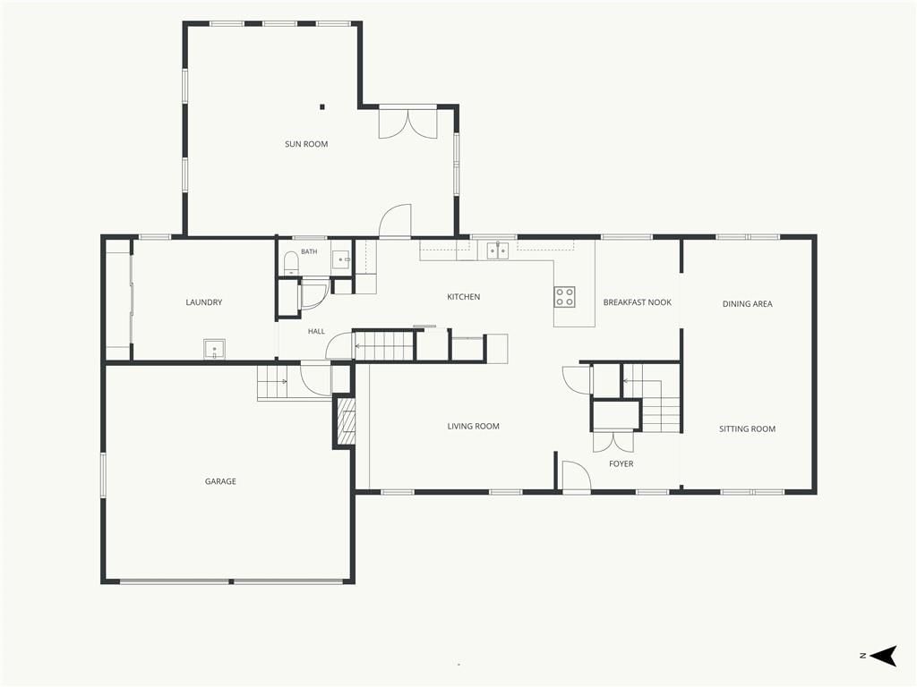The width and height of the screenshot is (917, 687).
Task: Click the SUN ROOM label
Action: point(306,144)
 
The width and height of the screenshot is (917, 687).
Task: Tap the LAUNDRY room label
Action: point(203,302)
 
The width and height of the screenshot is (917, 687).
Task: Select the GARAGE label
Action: point(220,481)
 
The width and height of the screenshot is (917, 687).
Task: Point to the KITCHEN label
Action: point(463,297)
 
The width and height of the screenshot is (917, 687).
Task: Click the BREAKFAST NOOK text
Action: point(637,302)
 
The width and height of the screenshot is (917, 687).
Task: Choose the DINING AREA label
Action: point(747,304)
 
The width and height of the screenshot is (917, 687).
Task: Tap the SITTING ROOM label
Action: point(747,428)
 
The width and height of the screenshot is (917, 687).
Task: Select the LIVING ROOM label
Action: point(473,427)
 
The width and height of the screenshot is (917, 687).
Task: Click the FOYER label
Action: point(621,464)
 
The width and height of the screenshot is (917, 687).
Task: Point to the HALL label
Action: point(316,331)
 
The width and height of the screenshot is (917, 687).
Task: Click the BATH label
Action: point(309,251)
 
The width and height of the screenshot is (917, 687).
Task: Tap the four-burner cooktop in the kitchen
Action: point(564,297)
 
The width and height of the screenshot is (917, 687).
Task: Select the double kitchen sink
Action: point(498,250)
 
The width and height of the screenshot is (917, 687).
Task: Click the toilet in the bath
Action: point(291,263)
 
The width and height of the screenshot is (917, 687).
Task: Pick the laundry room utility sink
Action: point(215,349)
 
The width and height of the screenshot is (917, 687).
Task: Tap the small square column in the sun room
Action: point(321,107)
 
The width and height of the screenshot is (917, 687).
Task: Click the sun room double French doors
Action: point(407,122)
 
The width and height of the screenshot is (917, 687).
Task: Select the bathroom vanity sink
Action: point(341,259)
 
